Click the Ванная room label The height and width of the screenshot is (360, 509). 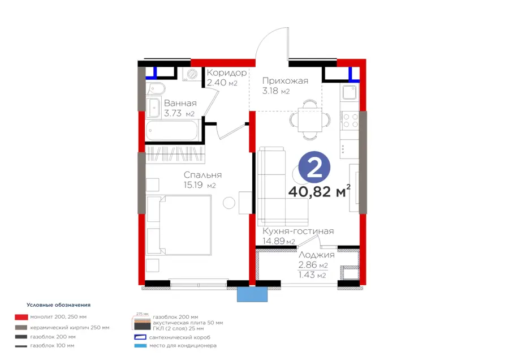click(180, 104)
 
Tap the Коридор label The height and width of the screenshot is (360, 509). click(227, 72)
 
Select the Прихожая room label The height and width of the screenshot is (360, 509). click(285, 80)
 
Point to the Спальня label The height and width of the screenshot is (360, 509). click(202, 175)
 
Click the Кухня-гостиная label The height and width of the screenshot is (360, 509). click(298, 231)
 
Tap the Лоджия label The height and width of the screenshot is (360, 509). click(317, 255)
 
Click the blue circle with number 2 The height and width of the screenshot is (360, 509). click(314, 168)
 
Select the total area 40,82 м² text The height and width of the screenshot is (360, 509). click(320, 191)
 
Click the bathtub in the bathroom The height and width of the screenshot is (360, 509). click(172, 131)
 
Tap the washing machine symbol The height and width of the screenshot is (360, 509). click(192, 74)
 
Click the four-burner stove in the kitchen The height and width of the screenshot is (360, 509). click(350, 120)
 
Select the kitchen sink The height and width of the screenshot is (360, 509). click(350, 92)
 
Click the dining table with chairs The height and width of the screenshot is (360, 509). click(310, 119)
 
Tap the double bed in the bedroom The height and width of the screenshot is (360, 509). click(179, 225)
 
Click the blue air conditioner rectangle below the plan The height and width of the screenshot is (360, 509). click(252, 294)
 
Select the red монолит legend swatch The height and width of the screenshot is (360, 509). click(21, 317)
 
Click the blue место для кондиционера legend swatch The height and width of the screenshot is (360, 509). click(141, 346)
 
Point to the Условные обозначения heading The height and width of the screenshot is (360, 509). click(58, 305)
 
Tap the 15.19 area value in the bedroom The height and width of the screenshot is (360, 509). click(193, 185)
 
